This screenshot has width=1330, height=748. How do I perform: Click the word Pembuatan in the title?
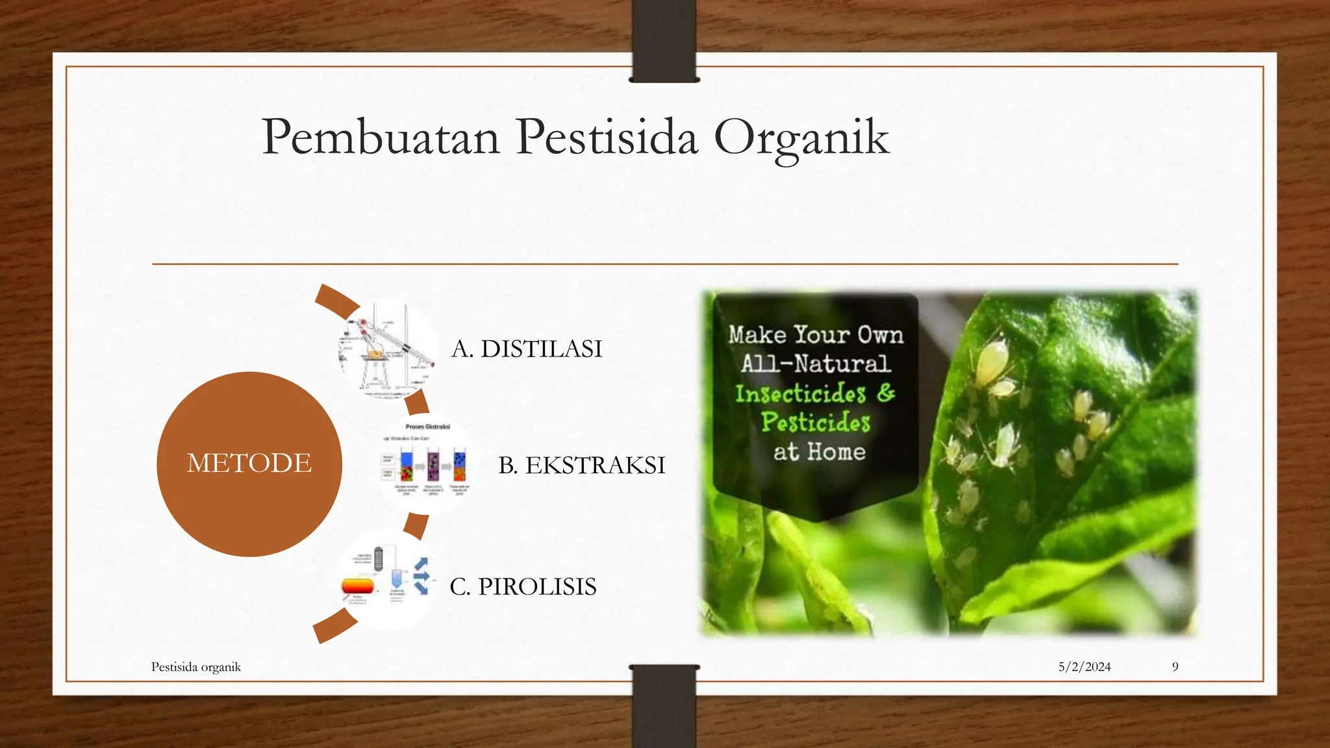point(381,137)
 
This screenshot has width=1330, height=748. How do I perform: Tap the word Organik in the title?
point(801,138)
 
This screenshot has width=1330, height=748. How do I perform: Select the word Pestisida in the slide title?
point(607,137)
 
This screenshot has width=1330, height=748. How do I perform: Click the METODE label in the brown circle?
point(249,464)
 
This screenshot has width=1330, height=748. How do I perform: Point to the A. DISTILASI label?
point(527,349)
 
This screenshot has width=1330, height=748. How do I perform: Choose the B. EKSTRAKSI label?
point(581,466)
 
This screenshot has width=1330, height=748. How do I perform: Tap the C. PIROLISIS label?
point(523,587)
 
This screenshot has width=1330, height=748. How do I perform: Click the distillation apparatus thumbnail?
point(387,349)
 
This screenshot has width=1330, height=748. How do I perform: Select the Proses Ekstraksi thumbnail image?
point(426,465)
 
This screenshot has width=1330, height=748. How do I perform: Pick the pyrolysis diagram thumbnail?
point(387,578)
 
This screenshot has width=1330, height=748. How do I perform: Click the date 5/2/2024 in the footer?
point(1084,667)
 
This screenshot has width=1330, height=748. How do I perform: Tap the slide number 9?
point(1175,667)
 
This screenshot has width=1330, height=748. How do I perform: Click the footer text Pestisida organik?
point(196,667)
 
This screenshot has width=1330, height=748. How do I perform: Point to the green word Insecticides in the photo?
point(800,393)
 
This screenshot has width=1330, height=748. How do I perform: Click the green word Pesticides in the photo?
point(816,423)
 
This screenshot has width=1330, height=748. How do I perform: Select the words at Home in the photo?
point(819,452)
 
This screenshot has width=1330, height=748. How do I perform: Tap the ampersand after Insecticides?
point(886,392)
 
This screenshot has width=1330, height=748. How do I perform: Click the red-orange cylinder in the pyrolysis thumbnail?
point(358,586)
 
